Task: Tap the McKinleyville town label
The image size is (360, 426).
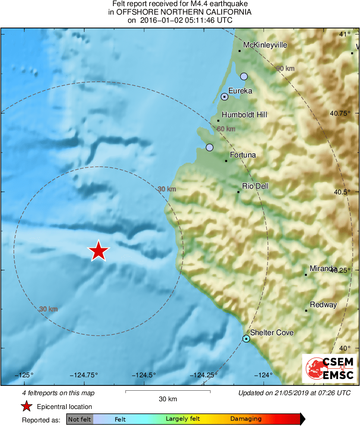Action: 265,45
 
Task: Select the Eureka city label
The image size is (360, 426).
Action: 240,91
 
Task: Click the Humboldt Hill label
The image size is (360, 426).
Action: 244,115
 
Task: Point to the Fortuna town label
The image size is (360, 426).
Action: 243,155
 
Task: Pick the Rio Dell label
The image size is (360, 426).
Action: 255,186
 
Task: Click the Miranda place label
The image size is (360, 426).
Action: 323,269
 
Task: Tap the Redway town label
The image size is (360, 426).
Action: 323,305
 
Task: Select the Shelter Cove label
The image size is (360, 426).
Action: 272,333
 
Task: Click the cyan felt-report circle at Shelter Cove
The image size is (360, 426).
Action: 246,338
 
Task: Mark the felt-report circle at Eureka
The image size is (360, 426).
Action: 224,97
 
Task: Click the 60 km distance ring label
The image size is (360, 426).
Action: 226,129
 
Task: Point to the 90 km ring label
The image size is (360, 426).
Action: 285,68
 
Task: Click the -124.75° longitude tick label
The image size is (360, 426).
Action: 84,375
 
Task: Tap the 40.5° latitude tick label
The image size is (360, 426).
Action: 340,192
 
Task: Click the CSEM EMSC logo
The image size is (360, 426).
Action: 329,368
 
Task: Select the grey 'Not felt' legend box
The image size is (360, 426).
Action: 79,419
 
